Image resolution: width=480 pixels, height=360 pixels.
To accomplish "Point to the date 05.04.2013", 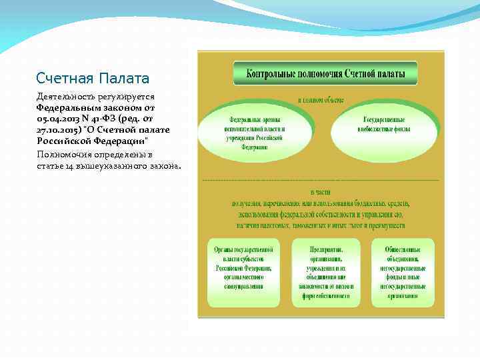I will coord(61,118).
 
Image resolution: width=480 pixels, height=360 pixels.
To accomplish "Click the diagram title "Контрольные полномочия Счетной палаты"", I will coord(325,74).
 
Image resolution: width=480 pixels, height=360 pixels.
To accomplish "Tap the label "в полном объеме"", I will coord(320,100).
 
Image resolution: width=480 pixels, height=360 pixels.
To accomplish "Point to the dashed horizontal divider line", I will coord(320,180).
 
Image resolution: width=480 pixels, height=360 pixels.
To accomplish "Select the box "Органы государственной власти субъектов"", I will coord(244,272).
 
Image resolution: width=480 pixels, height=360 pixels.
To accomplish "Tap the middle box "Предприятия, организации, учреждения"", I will coord(322,272).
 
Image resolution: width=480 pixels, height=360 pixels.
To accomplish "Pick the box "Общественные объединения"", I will coord(402,272).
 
